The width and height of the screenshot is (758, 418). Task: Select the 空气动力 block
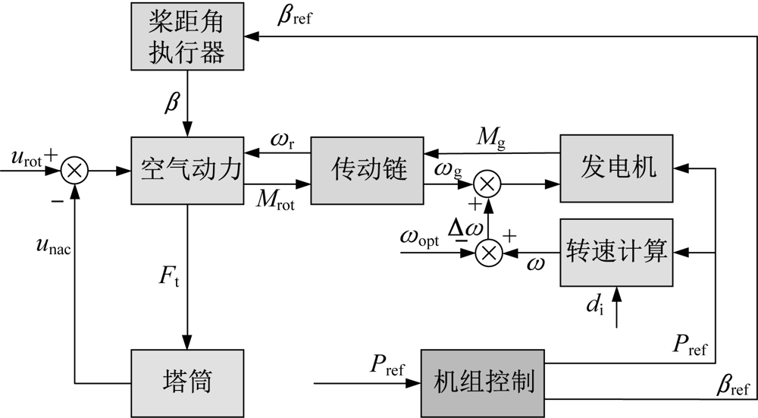[x=186, y=170]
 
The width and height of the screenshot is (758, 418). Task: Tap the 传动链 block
[x=367, y=170]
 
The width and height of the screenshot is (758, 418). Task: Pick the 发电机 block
[x=615, y=168]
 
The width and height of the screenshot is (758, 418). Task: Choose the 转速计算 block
[x=615, y=253]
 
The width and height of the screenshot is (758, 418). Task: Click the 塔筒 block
[x=186, y=381]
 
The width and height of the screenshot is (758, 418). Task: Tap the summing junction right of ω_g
[x=487, y=183]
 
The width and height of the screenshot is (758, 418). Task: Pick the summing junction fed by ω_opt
[x=487, y=253]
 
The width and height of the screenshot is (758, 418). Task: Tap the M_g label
[x=488, y=137]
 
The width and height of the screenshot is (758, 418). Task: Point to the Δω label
[x=463, y=229]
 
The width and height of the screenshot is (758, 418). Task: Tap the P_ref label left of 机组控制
[x=387, y=366]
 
